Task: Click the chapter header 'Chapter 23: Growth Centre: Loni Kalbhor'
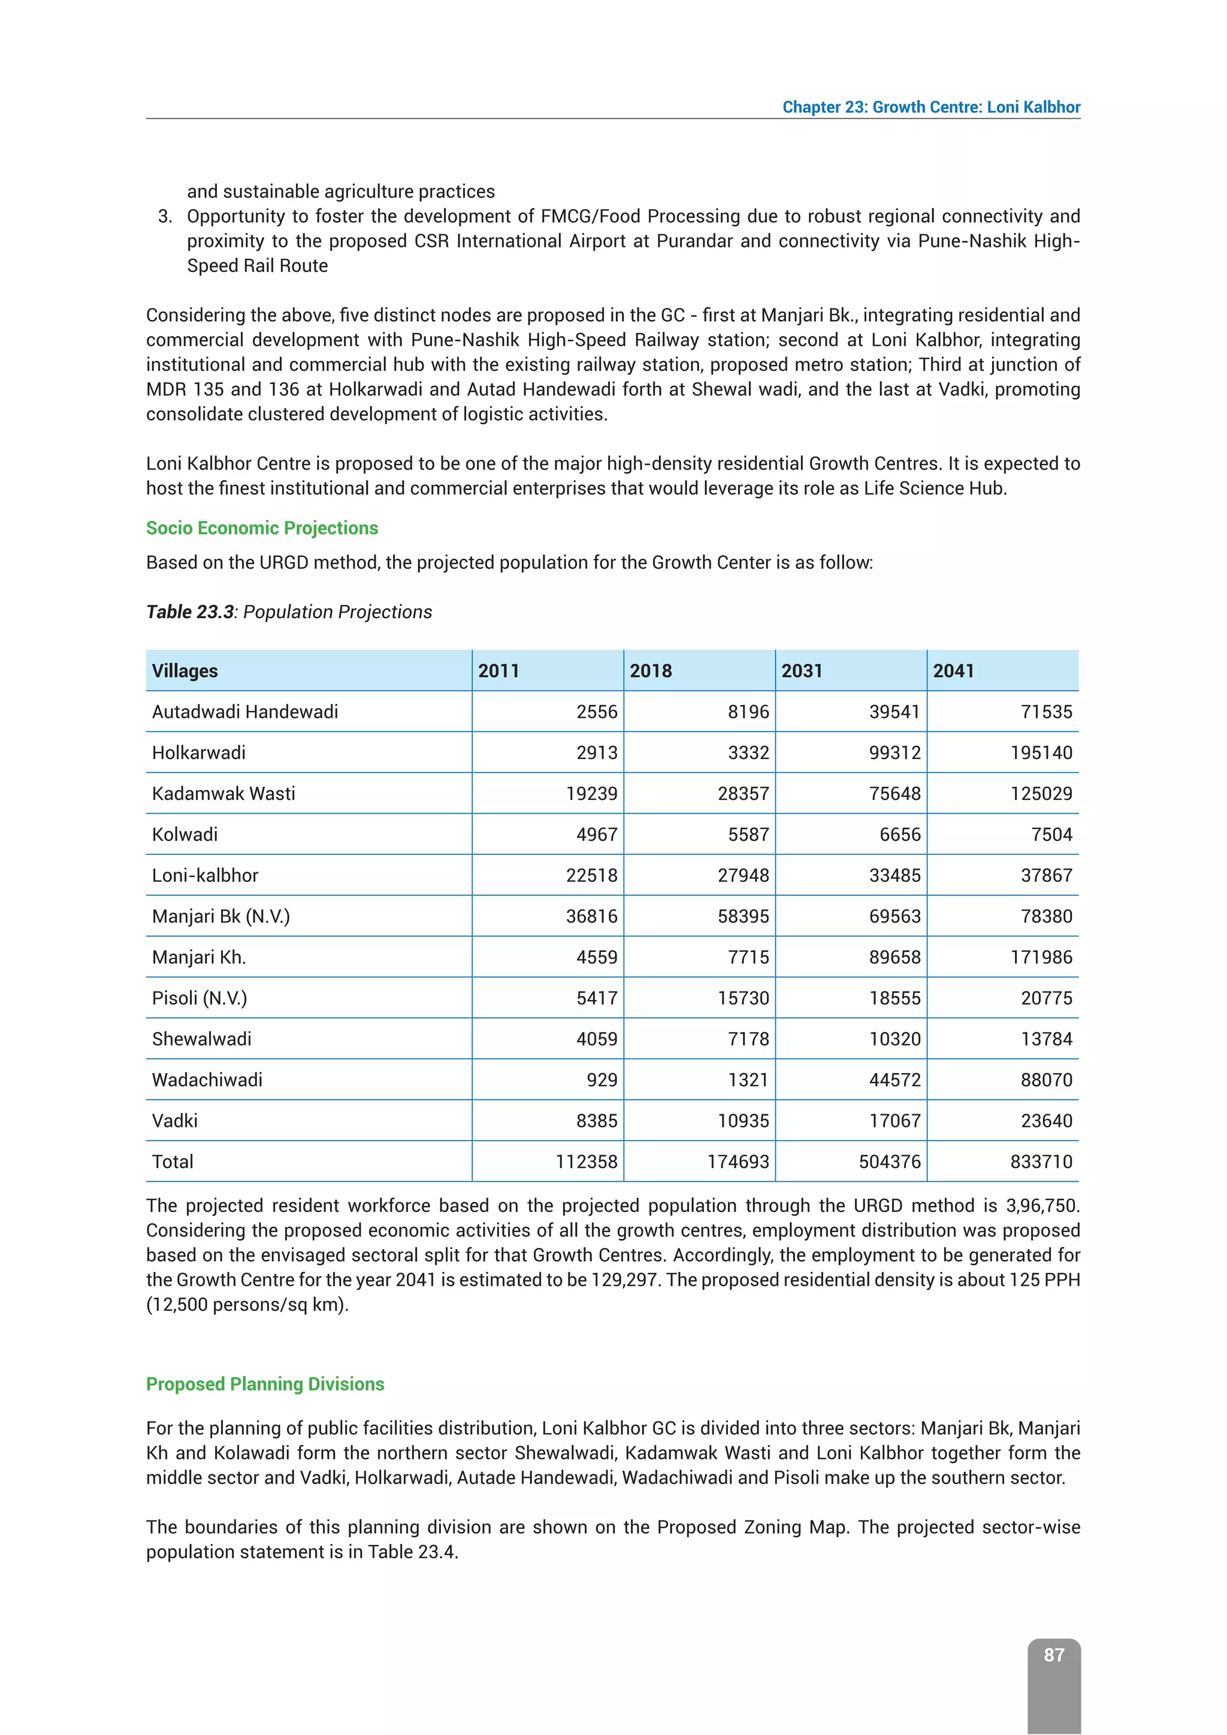point(931,107)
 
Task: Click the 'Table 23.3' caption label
point(191,612)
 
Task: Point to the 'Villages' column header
point(185,671)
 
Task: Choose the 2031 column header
point(802,671)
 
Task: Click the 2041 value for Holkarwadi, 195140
point(1041,752)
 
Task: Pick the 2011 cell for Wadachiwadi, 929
point(602,1080)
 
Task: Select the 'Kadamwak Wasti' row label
point(223,793)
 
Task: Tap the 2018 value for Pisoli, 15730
point(744,998)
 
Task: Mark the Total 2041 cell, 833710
point(1041,1162)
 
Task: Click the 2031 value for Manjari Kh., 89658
point(894,957)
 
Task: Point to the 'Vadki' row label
point(174,1121)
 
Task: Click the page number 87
point(1053,1655)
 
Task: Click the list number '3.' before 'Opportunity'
point(165,216)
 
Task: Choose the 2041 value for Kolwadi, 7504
point(1051,835)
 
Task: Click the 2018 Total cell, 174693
point(738,1162)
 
